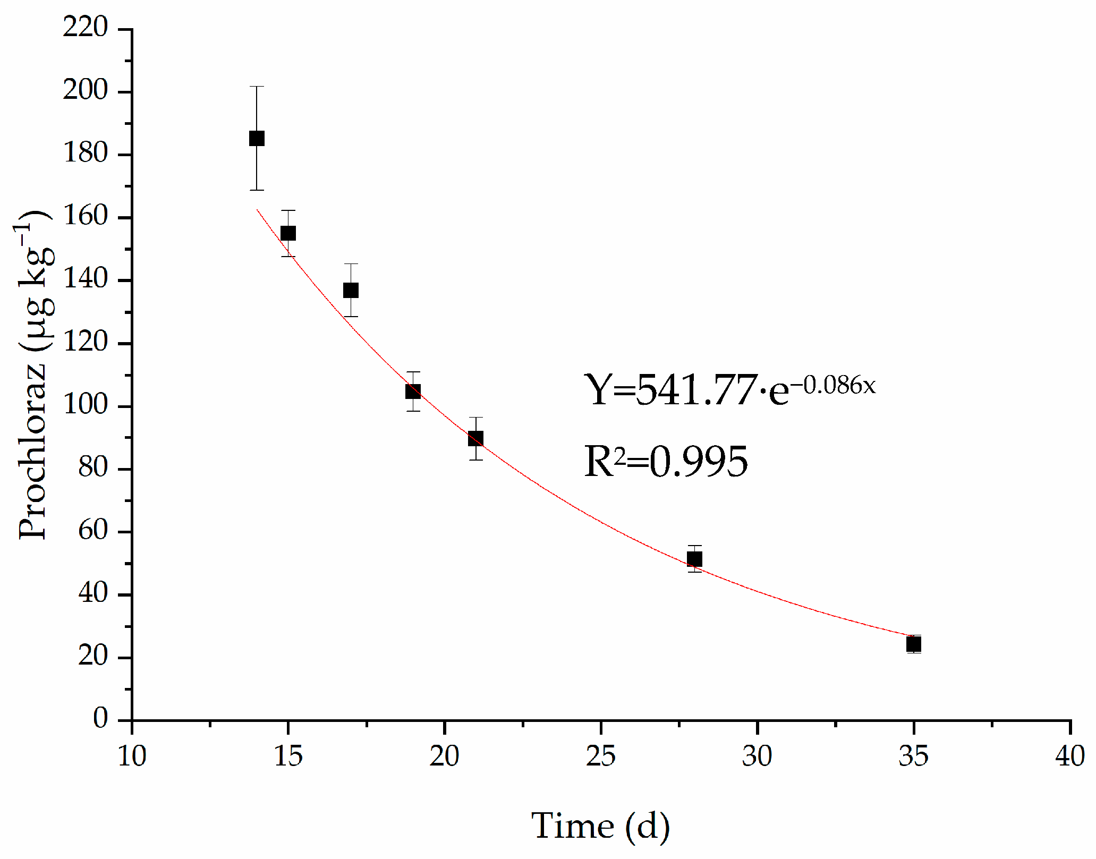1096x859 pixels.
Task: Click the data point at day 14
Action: tap(257, 139)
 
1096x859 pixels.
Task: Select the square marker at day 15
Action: tap(288, 233)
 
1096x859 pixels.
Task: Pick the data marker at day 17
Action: tap(351, 291)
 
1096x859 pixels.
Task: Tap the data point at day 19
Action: tap(413, 392)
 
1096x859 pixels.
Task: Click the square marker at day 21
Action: tap(475, 439)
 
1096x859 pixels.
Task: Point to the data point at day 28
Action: tap(694, 559)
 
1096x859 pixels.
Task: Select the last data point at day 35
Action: tap(913, 644)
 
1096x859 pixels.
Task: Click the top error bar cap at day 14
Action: tap(257, 87)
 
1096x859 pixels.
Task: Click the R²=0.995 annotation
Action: tap(666, 461)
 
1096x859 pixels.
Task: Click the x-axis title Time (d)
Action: tap(600, 826)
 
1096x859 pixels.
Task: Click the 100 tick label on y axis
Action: tap(85, 405)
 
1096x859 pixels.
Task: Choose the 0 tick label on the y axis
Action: tap(100, 719)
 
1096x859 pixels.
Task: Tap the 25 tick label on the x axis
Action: tap(600, 756)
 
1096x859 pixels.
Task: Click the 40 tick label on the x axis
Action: tap(1069, 756)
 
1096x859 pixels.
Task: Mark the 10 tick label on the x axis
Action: tap(132, 756)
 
